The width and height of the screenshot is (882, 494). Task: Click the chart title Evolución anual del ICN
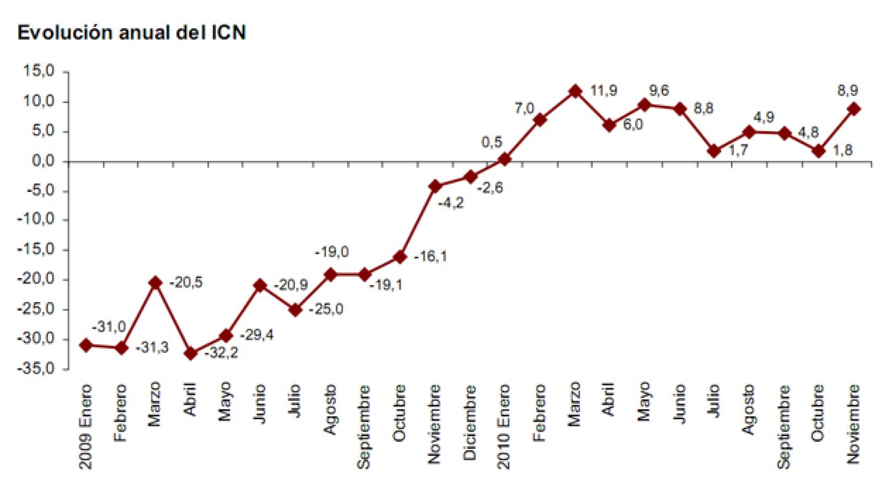[131, 33]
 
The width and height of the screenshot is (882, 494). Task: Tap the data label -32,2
[222, 353]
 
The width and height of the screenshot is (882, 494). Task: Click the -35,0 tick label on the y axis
[36, 368]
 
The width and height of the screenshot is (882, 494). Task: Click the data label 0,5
[492, 142]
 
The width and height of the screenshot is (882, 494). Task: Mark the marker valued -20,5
[155, 283]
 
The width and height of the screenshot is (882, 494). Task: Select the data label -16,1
[431, 256]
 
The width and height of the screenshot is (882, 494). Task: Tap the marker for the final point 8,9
[854, 109]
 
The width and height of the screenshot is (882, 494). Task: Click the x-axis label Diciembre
[469, 422]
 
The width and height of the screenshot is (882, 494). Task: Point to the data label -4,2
[451, 203]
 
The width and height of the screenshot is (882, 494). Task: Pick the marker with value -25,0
[295, 310]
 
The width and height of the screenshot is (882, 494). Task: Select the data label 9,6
[659, 91]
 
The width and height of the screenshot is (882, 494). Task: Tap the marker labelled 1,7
[714, 151]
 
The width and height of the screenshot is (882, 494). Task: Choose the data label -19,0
[331, 252]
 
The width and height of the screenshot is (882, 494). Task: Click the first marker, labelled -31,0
[86, 345]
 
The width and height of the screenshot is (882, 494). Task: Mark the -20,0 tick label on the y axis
[36, 279]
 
